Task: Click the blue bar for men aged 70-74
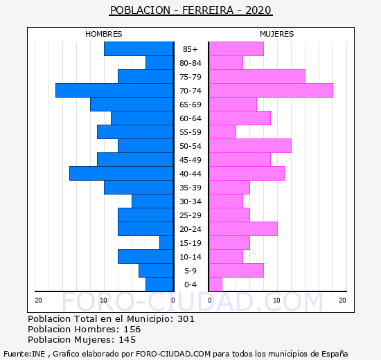point(114,91)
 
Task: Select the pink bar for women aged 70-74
point(271,91)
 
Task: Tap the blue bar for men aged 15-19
point(166,243)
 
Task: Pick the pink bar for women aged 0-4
point(215,285)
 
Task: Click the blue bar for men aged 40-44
point(121,174)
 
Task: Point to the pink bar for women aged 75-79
point(257,77)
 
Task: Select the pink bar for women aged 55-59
point(222,132)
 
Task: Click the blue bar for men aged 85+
point(139,49)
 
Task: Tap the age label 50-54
point(190,146)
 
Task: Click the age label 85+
point(190,49)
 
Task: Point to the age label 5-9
point(190,271)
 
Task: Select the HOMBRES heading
point(104,34)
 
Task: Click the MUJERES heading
point(277,34)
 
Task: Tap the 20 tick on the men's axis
point(38,300)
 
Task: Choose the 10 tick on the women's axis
point(277,300)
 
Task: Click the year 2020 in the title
point(258,10)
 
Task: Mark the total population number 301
point(186,319)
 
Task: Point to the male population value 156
point(132,330)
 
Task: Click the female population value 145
point(127,340)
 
